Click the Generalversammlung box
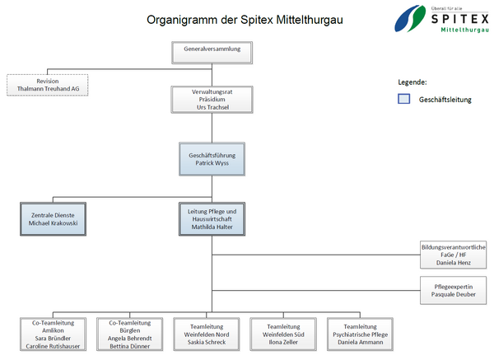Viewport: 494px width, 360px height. (x=212, y=53)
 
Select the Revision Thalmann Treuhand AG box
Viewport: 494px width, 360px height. (x=48, y=85)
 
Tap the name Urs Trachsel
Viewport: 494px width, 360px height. (x=212, y=107)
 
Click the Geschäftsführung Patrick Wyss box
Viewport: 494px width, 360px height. (x=212, y=159)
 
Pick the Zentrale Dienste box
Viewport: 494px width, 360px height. (x=53, y=219)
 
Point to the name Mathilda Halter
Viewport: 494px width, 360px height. (x=212, y=227)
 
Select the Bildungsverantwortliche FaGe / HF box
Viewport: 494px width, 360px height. (x=454, y=255)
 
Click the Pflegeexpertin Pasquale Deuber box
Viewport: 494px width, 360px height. (x=454, y=290)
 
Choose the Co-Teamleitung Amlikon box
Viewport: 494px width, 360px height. (x=53, y=334)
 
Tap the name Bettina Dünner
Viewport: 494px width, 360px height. (x=130, y=346)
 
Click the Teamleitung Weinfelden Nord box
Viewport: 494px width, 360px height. (x=207, y=334)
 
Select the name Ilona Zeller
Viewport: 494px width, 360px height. (x=283, y=342)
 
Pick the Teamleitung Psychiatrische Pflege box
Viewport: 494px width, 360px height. (x=360, y=334)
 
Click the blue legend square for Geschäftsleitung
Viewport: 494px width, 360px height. (x=404, y=99)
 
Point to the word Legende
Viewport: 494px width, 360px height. (x=412, y=82)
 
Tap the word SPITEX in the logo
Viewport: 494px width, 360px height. (x=459, y=19)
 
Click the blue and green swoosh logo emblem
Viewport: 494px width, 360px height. (x=410, y=18)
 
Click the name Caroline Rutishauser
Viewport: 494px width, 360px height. (x=53, y=346)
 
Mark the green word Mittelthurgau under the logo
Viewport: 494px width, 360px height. (x=464, y=30)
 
